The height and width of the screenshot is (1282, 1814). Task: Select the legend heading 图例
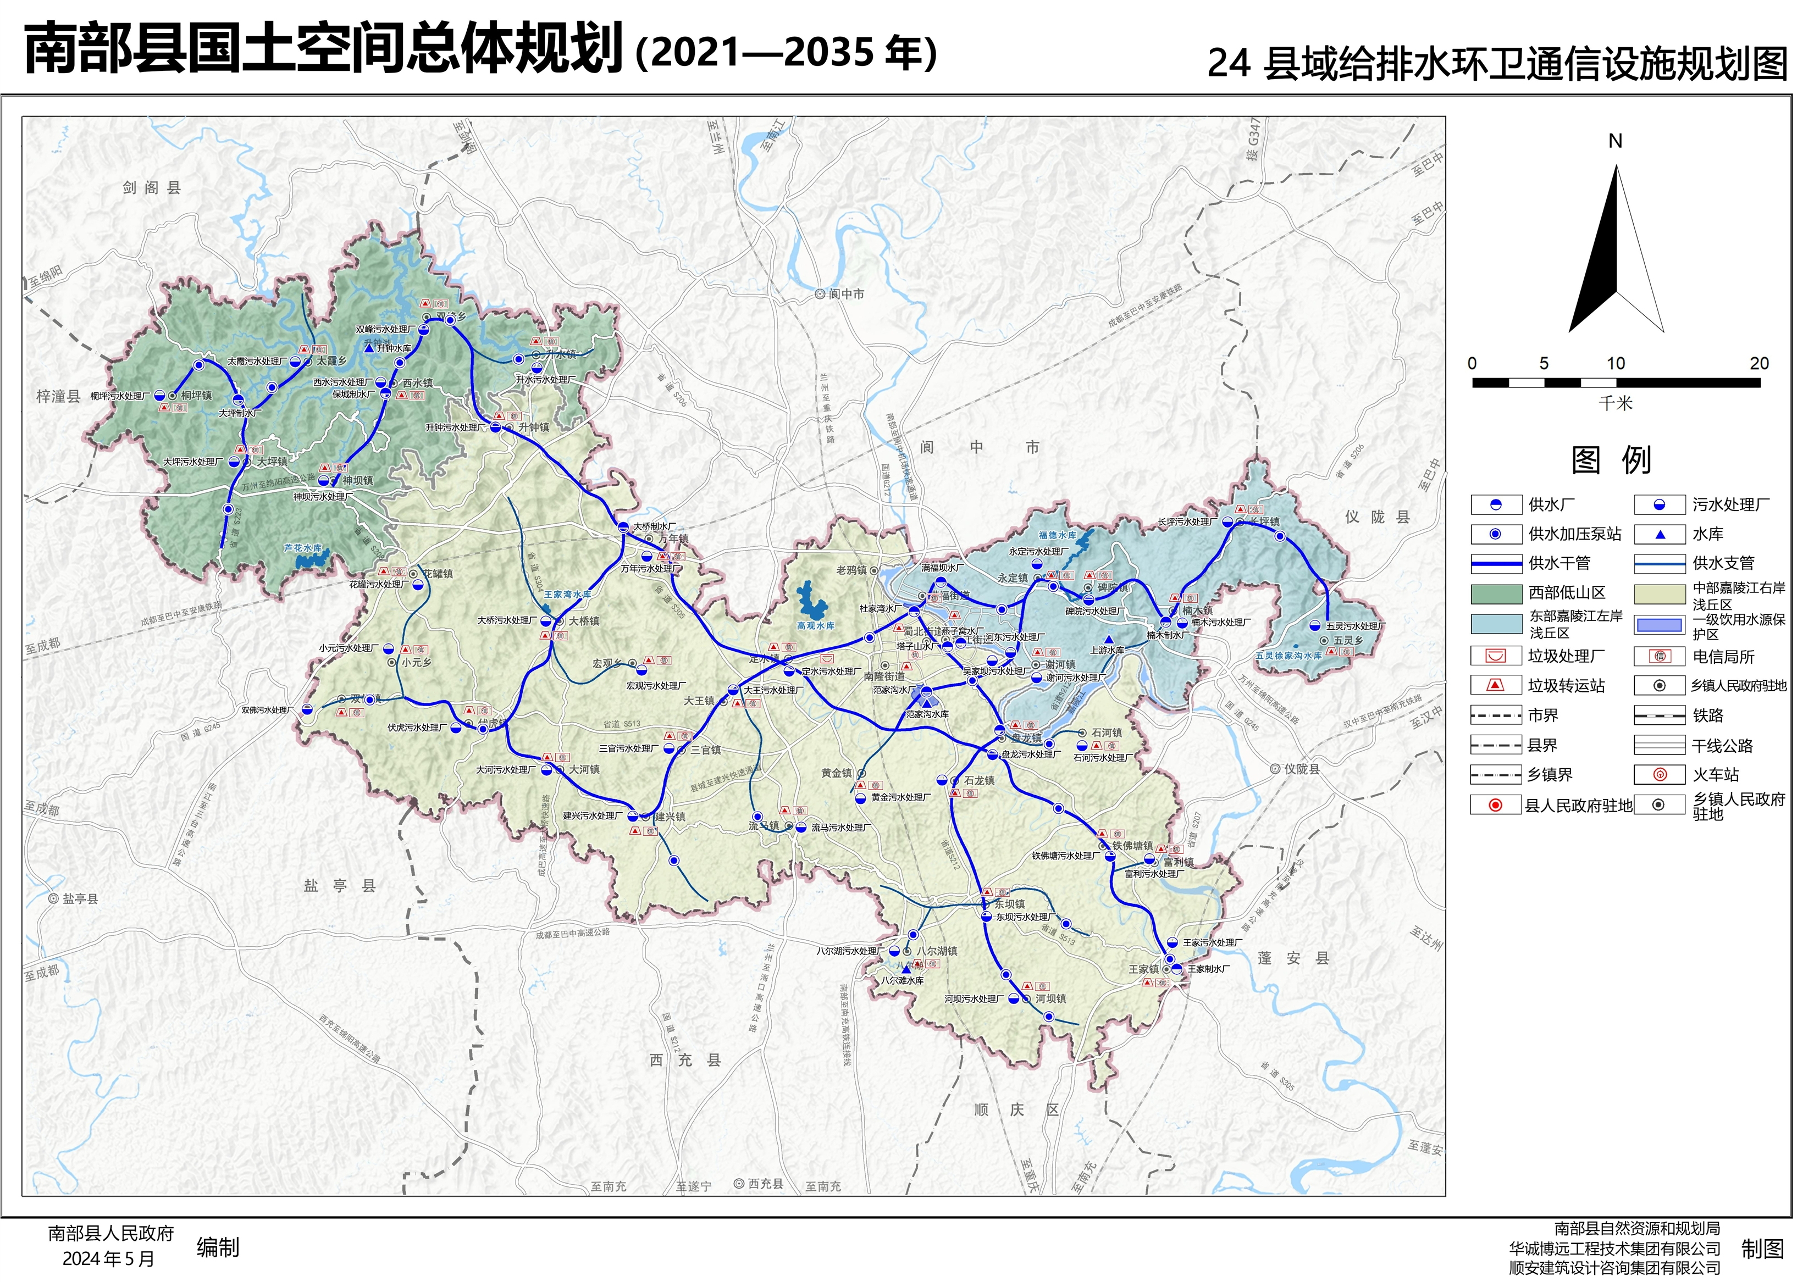[x=1611, y=460]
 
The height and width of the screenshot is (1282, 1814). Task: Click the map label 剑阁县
[x=152, y=188]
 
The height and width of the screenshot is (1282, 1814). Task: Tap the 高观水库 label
[x=815, y=625]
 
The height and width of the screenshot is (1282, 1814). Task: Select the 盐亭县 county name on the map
[x=340, y=885]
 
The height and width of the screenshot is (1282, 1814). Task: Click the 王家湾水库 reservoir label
[x=567, y=594]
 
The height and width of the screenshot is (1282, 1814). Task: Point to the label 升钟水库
[x=394, y=348]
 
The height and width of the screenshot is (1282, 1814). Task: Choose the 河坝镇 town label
[x=1051, y=998]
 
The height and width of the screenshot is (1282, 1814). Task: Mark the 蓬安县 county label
[x=1293, y=958]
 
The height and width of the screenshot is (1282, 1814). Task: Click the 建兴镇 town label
[x=670, y=816]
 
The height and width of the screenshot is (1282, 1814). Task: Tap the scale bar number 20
[x=1758, y=363]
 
